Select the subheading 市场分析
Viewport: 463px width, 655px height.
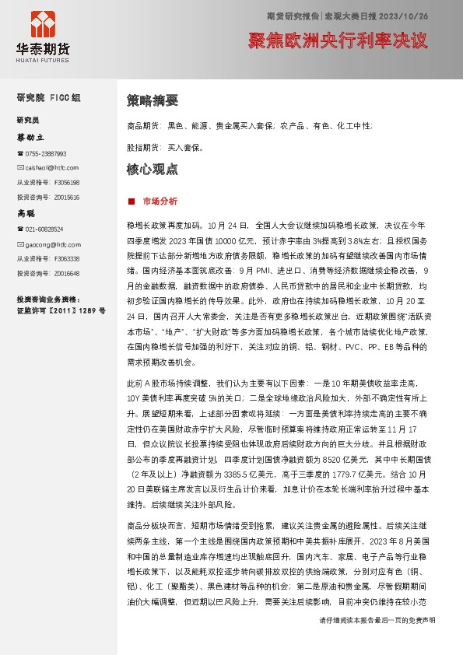[160, 201]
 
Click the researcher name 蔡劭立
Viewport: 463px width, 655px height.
[31, 137]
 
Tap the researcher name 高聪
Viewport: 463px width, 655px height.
[26, 212]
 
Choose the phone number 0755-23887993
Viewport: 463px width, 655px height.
[45, 153]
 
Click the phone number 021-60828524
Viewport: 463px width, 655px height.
[45, 229]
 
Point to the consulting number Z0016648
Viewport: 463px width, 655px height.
[67, 273]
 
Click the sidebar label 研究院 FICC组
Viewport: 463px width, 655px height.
[48, 97]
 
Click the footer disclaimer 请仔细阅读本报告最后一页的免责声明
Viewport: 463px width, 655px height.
[377, 641]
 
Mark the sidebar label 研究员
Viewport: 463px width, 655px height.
[28, 121]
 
